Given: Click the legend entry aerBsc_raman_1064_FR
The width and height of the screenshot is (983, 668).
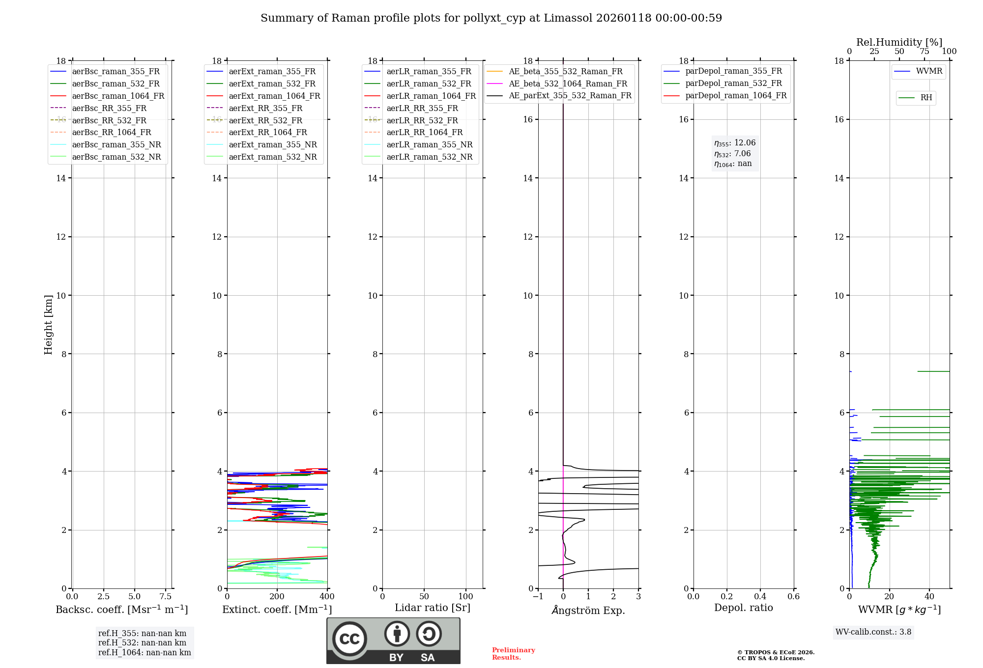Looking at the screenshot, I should [118, 96].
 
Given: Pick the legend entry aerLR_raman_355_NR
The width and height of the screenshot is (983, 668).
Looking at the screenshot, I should [429, 144].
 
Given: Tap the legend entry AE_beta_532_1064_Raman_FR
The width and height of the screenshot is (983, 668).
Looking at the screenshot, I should [568, 83].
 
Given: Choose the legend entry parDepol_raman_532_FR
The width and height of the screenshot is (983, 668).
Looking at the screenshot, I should [733, 83].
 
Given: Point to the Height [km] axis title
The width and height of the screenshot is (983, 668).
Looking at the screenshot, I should [48, 325].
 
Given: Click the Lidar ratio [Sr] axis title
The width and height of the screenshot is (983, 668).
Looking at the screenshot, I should [433, 608].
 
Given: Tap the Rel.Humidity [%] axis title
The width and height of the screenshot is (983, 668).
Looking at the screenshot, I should [899, 42].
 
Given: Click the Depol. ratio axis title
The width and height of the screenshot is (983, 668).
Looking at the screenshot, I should [743, 608].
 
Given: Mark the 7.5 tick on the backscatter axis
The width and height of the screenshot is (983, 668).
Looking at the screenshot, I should [166, 597].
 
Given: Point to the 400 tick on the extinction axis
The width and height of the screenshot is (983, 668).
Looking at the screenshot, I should [327, 597].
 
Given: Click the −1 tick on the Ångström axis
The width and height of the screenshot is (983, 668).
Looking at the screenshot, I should [538, 597].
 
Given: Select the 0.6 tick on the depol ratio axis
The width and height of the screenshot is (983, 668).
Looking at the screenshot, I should [793, 597].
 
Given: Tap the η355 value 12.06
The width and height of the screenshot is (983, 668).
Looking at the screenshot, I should [745, 143].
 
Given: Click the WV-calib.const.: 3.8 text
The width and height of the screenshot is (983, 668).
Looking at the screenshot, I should [873, 632].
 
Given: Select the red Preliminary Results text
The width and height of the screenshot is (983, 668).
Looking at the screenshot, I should [513, 654].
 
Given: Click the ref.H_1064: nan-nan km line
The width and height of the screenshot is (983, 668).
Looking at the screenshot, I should [145, 652].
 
